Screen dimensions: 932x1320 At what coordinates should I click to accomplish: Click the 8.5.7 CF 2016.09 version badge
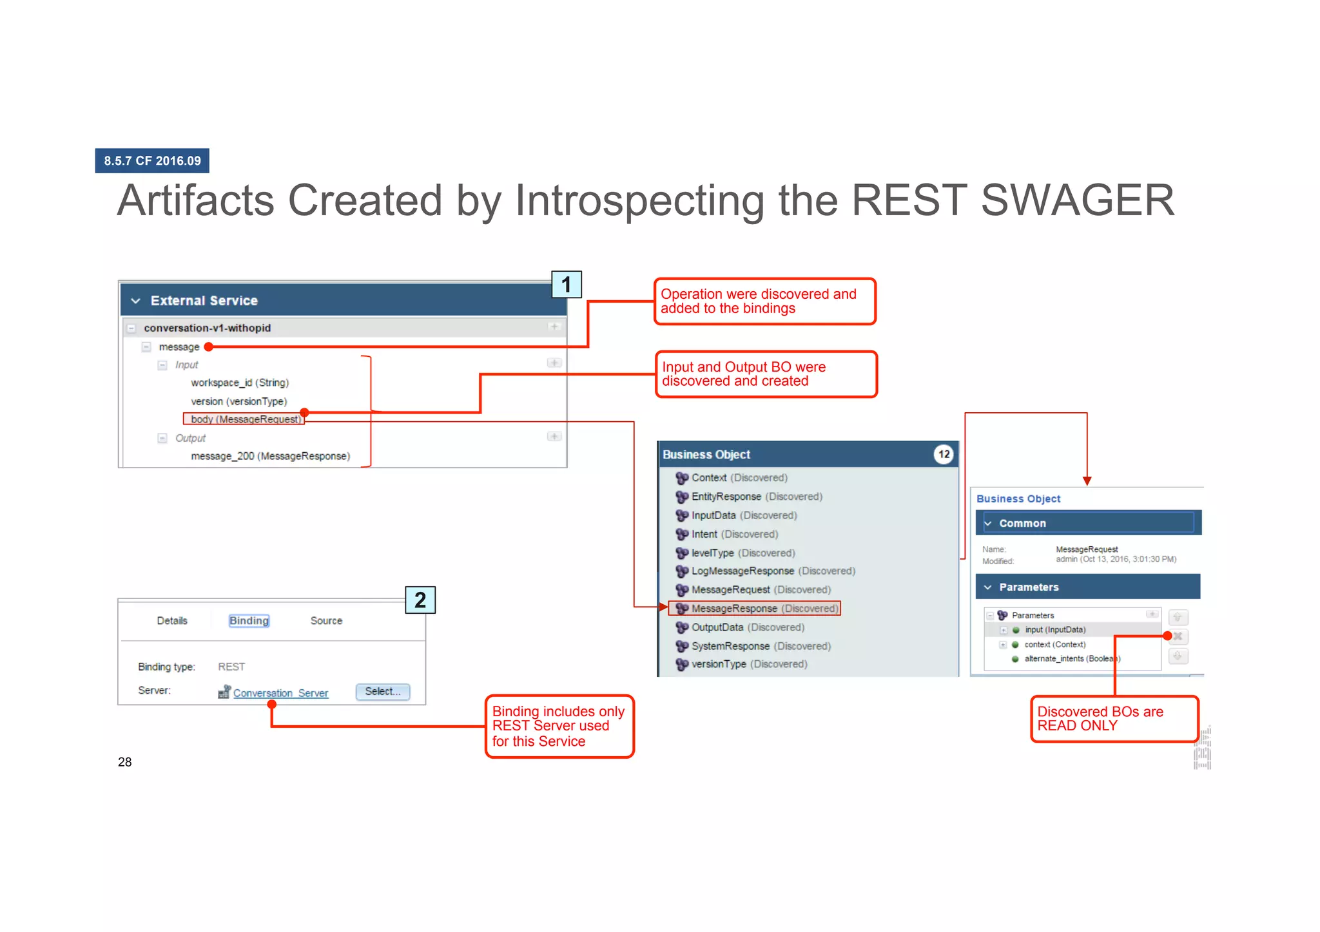pos(152,161)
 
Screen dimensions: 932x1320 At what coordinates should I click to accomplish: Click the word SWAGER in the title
pos(1078,200)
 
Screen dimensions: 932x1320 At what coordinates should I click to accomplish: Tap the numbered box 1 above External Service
pos(566,284)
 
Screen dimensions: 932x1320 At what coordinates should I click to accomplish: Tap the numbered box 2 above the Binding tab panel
pos(420,600)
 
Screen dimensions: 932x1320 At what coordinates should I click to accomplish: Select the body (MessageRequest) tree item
pos(246,419)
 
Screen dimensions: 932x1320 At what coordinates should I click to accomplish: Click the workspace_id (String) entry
pos(240,383)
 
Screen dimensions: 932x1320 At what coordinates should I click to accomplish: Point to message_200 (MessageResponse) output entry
pos(270,456)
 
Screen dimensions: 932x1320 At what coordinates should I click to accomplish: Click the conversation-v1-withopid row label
pos(207,328)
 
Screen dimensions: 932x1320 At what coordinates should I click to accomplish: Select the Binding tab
pos(249,620)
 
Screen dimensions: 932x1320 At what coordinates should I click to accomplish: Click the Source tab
pos(326,620)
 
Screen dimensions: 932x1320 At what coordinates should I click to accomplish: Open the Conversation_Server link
pos(280,693)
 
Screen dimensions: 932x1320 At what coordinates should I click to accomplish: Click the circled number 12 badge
pos(944,454)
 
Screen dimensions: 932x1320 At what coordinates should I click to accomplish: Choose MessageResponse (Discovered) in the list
pos(764,608)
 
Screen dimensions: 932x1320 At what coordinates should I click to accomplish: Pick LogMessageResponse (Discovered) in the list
pos(773,571)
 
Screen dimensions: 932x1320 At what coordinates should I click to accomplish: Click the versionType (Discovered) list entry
pos(748,664)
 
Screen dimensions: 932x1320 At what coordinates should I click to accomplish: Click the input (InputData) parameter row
pos(1054,630)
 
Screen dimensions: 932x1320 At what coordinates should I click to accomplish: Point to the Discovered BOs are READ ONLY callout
pos(1114,719)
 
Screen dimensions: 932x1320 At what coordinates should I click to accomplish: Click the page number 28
pos(125,762)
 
